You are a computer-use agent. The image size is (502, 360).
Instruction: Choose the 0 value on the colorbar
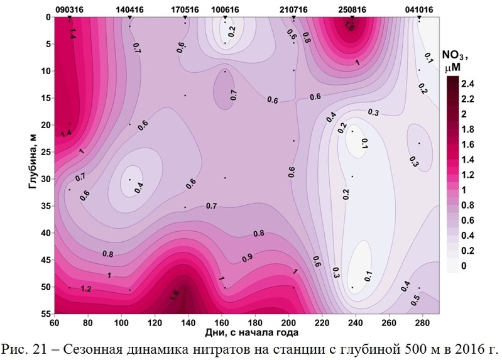(464, 266)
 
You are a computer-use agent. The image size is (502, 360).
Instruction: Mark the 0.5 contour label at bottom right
(415, 300)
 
